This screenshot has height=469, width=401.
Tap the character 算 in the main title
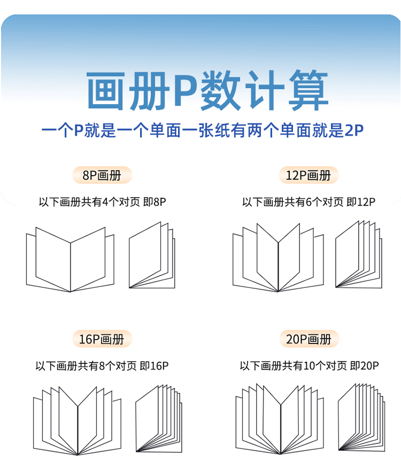305,92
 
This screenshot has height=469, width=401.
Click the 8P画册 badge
102,175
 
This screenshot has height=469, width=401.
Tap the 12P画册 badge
309,175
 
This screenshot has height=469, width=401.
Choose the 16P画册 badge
102,339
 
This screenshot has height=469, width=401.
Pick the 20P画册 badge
309,339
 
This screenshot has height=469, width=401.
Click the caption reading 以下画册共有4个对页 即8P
102,202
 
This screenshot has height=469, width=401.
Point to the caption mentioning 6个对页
309,202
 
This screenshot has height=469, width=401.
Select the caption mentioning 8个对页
102,366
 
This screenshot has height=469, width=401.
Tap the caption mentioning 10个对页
309,366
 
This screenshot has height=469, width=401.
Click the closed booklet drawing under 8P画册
151,256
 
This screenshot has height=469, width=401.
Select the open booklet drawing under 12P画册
277,259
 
